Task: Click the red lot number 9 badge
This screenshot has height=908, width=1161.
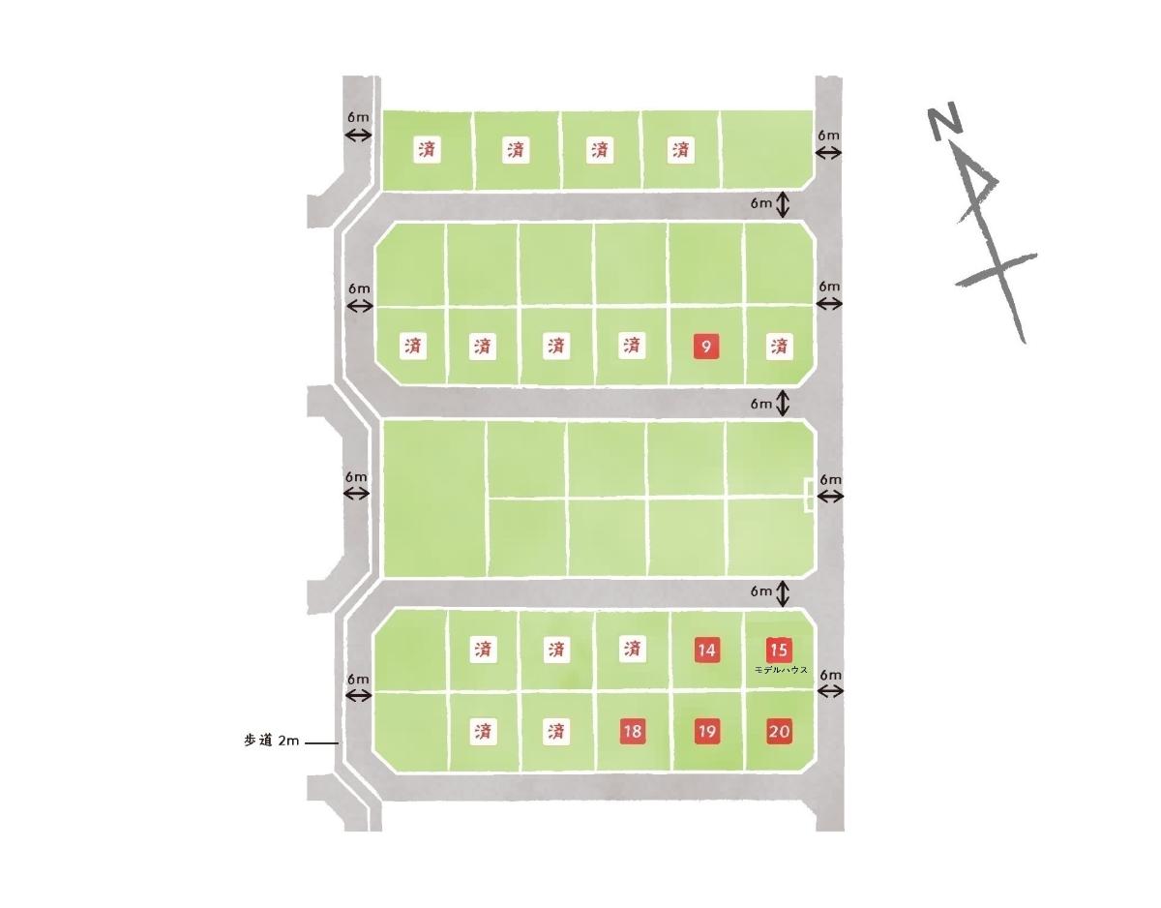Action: (x=705, y=347)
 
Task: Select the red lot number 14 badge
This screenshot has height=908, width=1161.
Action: (x=705, y=650)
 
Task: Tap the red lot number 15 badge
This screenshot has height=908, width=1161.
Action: (x=779, y=650)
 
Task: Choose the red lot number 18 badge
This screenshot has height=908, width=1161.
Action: (x=633, y=731)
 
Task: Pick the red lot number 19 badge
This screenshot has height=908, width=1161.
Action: (x=706, y=731)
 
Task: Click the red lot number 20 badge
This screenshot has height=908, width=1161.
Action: (x=779, y=731)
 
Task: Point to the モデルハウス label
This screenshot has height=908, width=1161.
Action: (x=780, y=670)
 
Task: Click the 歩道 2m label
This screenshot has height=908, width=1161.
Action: (x=271, y=741)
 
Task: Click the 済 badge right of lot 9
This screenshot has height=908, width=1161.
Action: (x=779, y=347)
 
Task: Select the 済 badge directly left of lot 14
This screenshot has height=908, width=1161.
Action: (x=632, y=650)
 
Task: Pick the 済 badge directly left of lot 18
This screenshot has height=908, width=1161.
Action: (x=555, y=731)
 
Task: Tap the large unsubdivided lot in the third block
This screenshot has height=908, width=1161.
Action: (x=433, y=499)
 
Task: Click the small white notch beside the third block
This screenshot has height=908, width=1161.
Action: (x=810, y=497)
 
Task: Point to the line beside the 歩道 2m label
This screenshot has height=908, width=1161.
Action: (x=322, y=742)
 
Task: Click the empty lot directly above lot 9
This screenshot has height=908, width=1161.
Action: (x=705, y=264)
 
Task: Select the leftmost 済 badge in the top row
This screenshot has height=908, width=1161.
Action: (x=427, y=149)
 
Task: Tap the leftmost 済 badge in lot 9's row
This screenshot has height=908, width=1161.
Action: (x=413, y=346)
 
